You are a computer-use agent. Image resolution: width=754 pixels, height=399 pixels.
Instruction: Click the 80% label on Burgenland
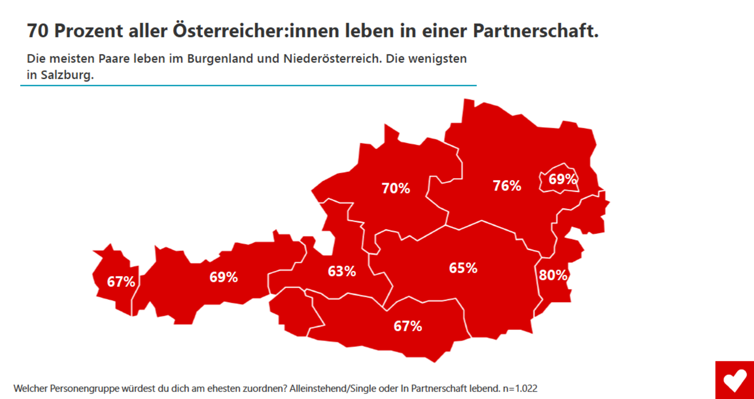pos(553,275)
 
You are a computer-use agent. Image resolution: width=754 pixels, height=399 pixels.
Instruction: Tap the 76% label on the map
pos(507,186)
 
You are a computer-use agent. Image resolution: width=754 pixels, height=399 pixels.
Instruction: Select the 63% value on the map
pos(342,271)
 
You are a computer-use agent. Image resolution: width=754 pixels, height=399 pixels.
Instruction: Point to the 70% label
pos(395,188)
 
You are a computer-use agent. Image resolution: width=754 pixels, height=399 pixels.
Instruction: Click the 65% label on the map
pos(463,268)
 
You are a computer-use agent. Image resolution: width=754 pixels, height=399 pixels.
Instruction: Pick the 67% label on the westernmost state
pos(121,282)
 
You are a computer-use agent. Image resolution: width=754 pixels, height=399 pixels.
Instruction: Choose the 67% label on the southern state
pos(408,326)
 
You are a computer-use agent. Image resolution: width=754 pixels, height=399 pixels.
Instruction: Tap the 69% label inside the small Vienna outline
pos(562,179)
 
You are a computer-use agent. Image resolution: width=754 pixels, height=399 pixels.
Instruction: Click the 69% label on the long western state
pos(223,277)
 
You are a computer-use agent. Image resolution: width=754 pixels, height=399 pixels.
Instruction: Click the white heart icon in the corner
pos(735,380)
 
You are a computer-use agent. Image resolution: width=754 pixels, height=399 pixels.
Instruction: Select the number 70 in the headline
pos(37,31)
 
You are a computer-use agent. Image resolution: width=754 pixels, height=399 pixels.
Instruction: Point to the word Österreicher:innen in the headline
pos(256,31)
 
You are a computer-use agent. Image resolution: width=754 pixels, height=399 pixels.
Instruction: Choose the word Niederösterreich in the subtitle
pos(332,58)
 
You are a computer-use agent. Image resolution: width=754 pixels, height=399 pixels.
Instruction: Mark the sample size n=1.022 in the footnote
pos(520,388)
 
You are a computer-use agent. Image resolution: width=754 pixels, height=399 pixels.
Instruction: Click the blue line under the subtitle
pos(248,85)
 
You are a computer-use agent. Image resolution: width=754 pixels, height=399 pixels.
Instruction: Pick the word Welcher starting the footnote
pos(30,388)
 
